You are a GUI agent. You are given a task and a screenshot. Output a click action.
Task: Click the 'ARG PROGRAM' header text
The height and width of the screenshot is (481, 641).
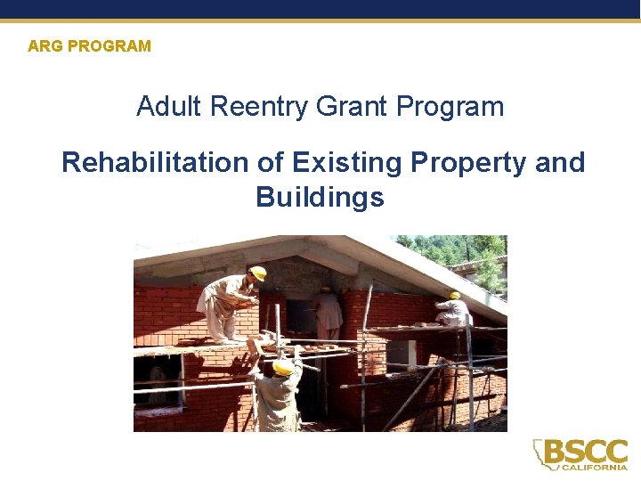(89, 45)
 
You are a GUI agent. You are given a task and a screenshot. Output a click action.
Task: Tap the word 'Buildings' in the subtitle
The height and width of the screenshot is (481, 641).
(320, 197)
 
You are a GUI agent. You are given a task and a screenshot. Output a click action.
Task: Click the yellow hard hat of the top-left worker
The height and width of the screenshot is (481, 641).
(258, 273)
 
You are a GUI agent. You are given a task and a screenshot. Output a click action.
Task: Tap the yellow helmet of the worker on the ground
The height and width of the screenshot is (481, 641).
(283, 366)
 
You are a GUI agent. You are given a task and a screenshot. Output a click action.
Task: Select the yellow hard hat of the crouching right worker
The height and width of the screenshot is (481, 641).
(454, 295)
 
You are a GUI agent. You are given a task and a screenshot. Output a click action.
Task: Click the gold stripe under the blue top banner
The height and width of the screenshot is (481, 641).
(320, 20)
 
